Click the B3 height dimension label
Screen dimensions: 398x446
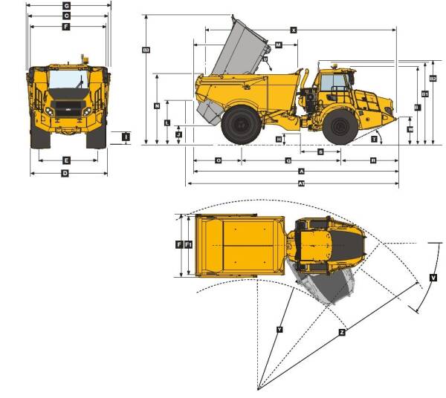pos(146,50)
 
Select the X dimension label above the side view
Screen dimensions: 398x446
pos(294,30)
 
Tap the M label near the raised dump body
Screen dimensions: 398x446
pos(278,45)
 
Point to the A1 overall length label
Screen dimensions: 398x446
pos(300,183)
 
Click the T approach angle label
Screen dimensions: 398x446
pos(374,139)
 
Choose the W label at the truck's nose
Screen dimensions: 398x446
pos(410,128)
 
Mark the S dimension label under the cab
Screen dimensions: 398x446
pos(320,151)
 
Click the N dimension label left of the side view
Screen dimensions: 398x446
pos(157,106)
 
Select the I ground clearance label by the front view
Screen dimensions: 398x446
pos(126,137)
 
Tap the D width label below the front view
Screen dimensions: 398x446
pos(65,173)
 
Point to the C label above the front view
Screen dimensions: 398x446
pos(66,16)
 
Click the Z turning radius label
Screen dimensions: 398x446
pos(341,333)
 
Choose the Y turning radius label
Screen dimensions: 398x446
pos(279,329)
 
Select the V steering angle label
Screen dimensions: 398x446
pos(433,278)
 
